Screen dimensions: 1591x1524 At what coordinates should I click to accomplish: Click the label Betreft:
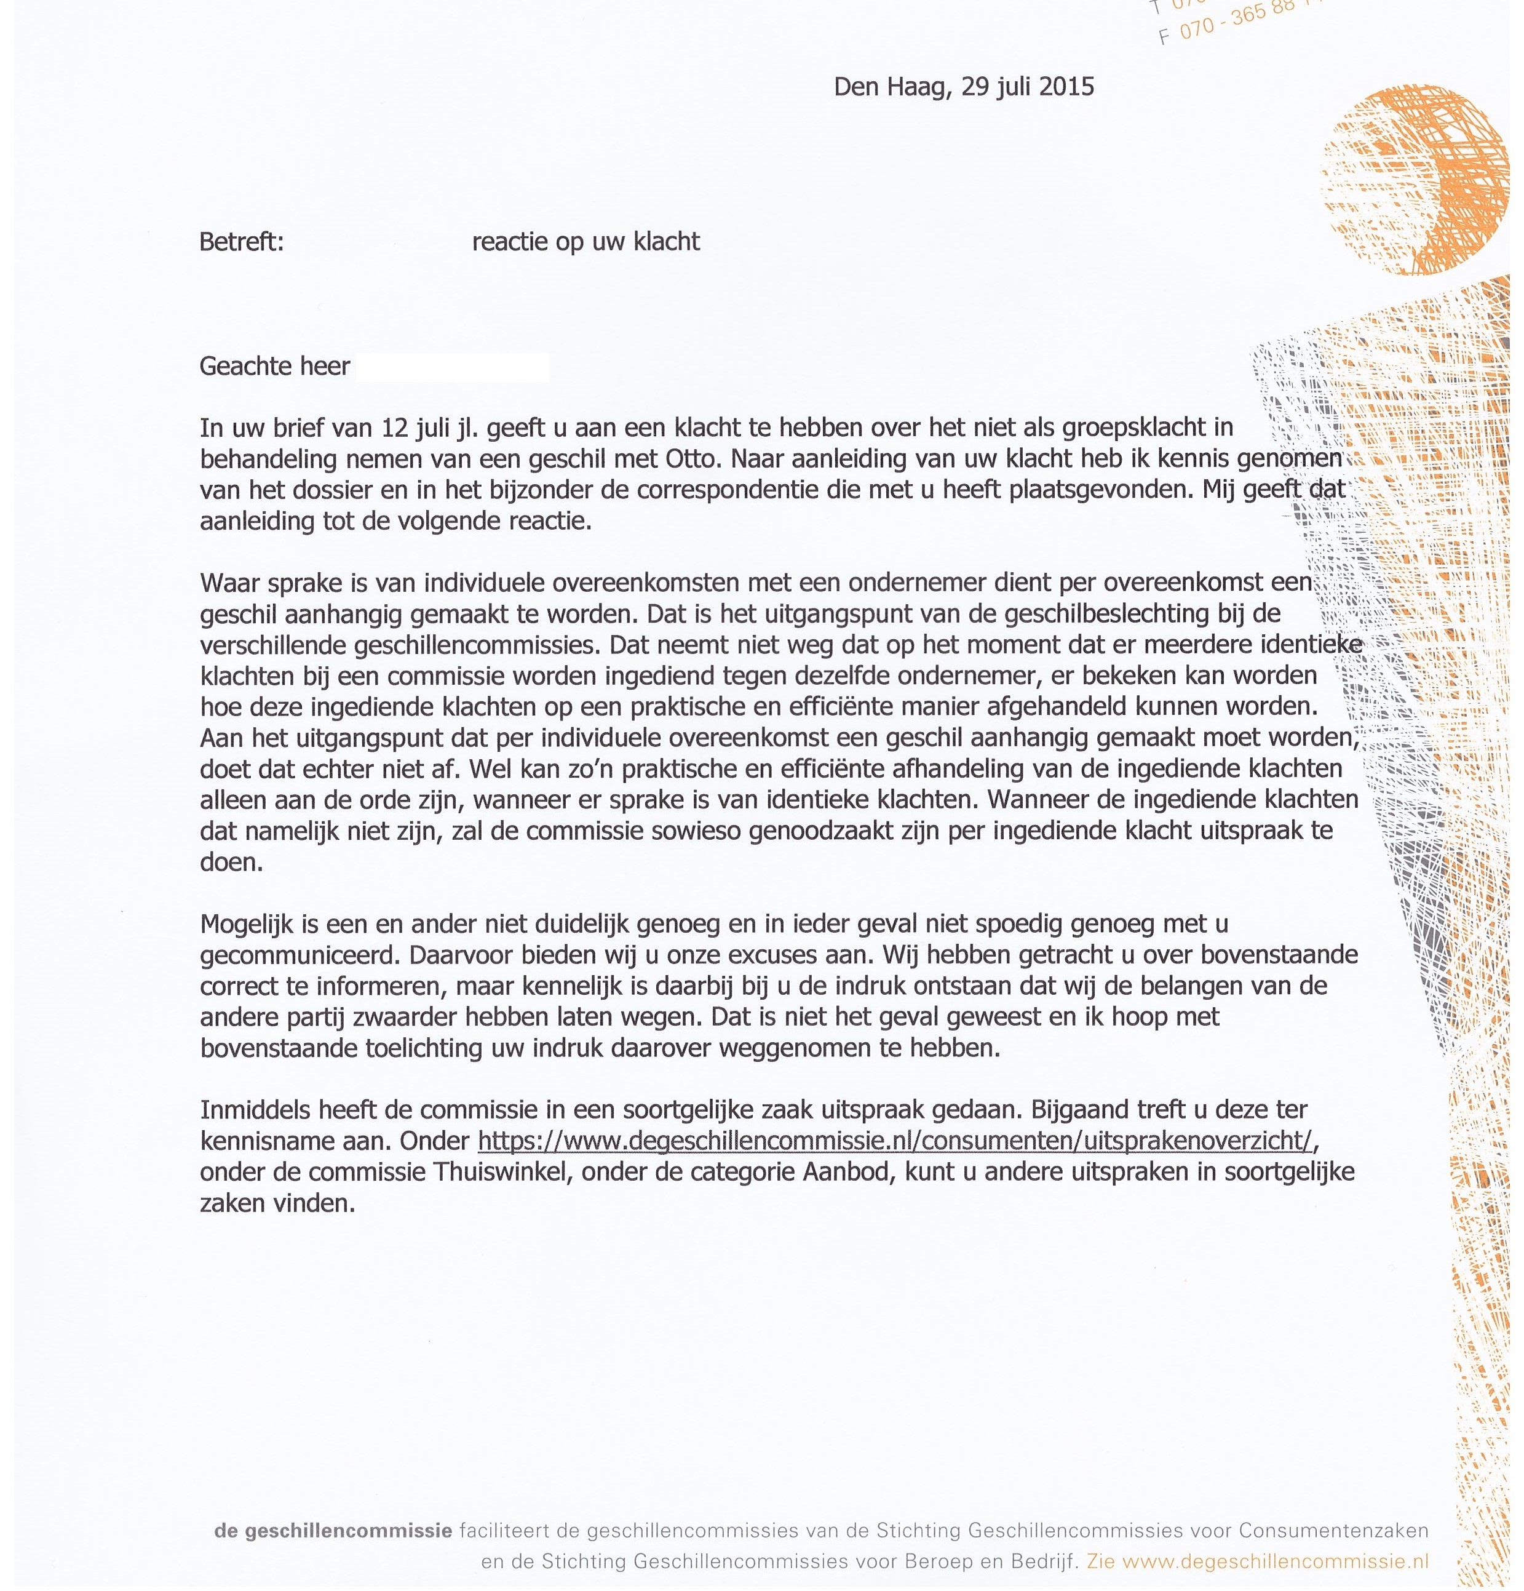click(x=242, y=242)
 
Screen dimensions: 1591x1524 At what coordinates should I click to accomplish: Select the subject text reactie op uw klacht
click(x=586, y=242)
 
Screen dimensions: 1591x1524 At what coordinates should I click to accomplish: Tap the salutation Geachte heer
click(x=274, y=367)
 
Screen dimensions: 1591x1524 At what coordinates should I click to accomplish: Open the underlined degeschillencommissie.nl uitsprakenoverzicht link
click(x=894, y=1141)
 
